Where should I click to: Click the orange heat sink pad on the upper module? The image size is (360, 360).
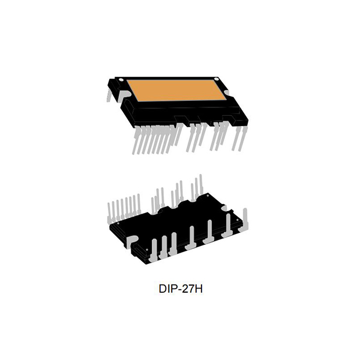point(174,93)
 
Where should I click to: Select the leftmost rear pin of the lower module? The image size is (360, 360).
point(110,210)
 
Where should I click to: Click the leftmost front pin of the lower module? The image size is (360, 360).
point(154,248)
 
